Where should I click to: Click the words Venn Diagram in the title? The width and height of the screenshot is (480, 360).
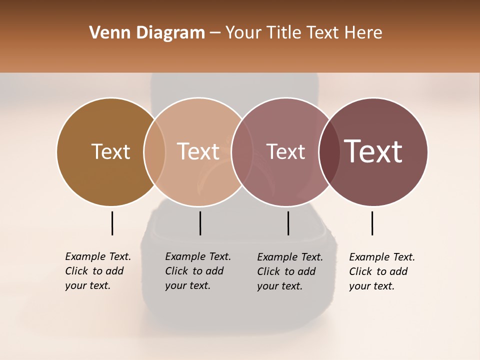tap(147, 33)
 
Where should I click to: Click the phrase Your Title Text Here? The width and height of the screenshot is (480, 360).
tap(303, 33)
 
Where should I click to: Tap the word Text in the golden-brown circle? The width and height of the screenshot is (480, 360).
tap(110, 151)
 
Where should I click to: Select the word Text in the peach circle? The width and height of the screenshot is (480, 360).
tap(198, 151)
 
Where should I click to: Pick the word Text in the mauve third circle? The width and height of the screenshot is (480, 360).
tap(285, 151)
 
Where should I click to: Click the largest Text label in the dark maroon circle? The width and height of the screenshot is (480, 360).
tap(373, 151)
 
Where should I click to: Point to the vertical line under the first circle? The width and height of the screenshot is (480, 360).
tap(112, 223)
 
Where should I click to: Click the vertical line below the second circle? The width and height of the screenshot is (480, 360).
tap(200, 223)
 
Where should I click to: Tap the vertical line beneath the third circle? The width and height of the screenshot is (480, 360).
tap(288, 223)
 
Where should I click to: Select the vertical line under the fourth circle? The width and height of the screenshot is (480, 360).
tap(372, 223)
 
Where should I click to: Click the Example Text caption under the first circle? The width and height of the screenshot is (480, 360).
tap(97, 271)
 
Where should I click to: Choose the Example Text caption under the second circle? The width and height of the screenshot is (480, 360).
tap(197, 271)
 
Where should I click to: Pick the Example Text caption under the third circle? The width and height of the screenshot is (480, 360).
tap(289, 271)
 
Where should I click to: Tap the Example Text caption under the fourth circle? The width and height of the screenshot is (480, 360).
tap(381, 271)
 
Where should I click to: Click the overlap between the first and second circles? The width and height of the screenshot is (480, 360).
tap(154, 151)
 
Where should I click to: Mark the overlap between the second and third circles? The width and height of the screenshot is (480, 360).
tap(242, 151)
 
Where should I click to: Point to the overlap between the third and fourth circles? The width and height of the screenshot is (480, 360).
tap(329, 151)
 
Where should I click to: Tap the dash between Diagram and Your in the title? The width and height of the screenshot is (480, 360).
tap(215, 33)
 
